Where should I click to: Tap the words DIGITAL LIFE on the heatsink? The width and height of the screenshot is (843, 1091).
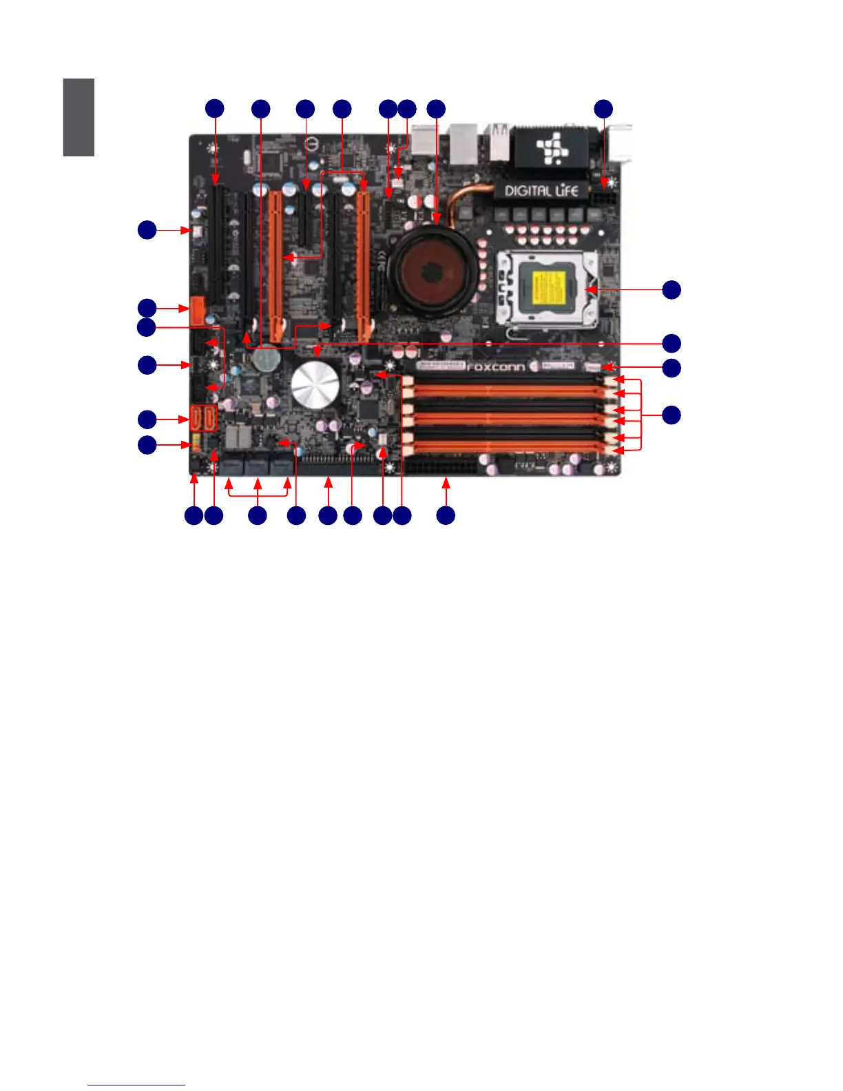pyautogui.click(x=541, y=191)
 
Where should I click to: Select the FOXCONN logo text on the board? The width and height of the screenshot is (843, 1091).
pyautogui.click(x=496, y=367)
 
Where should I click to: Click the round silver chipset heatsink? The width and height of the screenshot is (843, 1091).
pyautogui.click(x=315, y=384)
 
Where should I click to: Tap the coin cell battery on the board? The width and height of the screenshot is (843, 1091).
pyautogui.click(x=266, y=360)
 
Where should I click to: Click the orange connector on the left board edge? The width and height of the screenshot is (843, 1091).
pyautogui.click(x=198, y=309)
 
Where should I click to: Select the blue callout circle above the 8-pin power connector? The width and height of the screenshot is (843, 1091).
pyautogui.click(x=603, y=108)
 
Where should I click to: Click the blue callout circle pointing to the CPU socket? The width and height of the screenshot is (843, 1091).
pyautogui.click(x=672, y=289)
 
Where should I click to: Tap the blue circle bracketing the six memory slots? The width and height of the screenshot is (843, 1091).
pyautogui.click(x=672, y=415)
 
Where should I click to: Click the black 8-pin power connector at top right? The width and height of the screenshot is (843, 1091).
pyautogui.click(x=602, y=197)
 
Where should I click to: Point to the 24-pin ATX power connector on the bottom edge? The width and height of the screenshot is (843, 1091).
pyautogui.click(x=441, y=468)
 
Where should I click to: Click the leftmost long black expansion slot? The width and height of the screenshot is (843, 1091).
pyautogui.click(x=218, y=248)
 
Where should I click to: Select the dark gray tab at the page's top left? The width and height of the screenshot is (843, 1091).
pyautogui.click(x=79, y=117)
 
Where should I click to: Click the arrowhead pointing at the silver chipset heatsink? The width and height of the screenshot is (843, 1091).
pyautogui.click(x=318, y=352)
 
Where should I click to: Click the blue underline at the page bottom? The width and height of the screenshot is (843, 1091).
pyautogui.click(x=136, y=1085)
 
